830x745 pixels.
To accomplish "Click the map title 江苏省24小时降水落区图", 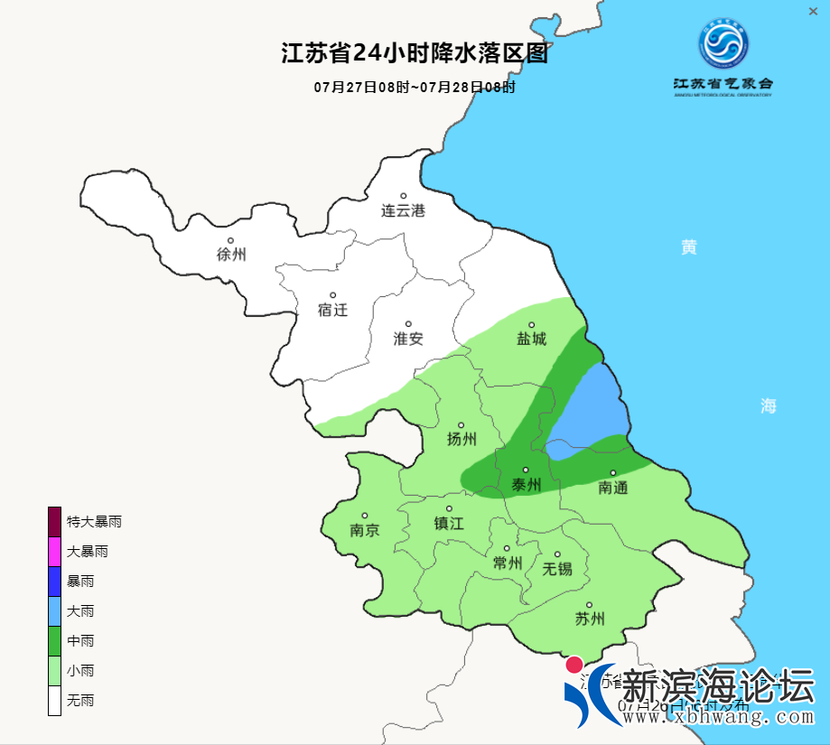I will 415,54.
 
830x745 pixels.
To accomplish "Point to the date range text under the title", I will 415,88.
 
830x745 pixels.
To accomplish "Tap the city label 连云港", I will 403,211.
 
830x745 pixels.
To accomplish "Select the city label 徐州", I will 231,255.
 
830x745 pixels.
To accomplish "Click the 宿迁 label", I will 332,310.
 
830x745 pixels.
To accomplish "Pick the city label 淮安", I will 408,339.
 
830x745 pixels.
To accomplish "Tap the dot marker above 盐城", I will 531,325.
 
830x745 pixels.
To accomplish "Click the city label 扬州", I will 462,440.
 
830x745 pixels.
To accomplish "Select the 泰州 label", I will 526,485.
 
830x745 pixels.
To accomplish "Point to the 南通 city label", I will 612,488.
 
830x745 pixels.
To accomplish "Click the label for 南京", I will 365,531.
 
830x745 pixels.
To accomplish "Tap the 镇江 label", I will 448,524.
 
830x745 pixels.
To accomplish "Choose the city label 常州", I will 508,563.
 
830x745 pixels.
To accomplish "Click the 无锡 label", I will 557,569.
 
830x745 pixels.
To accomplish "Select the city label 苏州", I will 589,619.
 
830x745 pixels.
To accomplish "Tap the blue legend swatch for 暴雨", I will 55,581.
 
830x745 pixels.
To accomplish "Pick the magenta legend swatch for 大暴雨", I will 55,551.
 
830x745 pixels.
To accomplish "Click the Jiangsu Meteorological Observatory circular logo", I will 723,42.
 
